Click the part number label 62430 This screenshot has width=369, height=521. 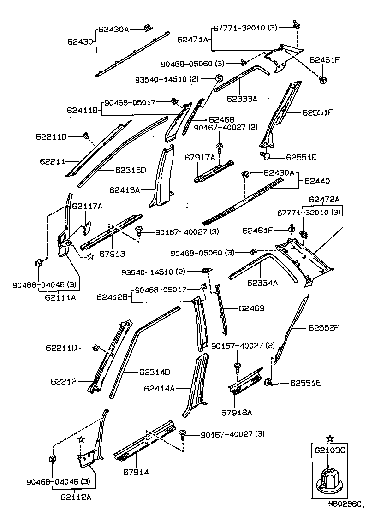pyautogui.click(x=80, y=41)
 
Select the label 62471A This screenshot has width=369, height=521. pyautogui.click(x=193, y=40)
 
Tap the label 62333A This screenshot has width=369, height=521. pyautogui.click(x=242, y=98)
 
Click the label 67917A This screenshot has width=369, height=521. pyautogui.click(x=200, y=158)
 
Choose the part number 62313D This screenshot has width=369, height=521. pyautogui.click(x=130, y=170)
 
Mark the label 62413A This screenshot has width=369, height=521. pyautogui.click(x=125, y=189)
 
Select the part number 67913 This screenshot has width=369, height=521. pyautogui.click(x=113, y=254)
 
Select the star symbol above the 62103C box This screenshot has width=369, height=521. pyautogui.click(x=329, y=438)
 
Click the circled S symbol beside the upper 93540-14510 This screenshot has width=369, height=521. pyautogui.click(x=219, y=78)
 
